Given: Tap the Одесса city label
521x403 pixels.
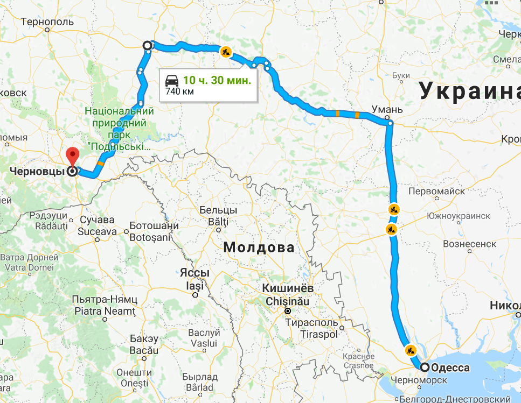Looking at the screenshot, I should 450,368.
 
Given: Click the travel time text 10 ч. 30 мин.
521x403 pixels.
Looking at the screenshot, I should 217,81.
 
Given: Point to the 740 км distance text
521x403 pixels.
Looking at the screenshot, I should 179,91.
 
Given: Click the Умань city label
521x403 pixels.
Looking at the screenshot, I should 386,110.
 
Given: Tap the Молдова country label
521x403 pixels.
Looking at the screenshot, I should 259,248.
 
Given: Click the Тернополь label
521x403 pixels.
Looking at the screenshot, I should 47,22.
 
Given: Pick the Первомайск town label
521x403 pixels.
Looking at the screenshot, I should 436,192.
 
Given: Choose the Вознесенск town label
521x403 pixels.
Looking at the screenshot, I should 469,244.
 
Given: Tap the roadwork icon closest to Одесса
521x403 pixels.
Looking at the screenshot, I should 411,350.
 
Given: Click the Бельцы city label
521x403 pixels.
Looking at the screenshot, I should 218,210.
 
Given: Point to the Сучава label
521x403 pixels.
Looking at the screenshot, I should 97,220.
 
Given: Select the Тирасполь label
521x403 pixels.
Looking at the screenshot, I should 311,323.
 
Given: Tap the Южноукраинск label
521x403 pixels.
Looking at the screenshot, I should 458,216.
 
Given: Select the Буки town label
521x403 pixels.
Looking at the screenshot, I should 398,76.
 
